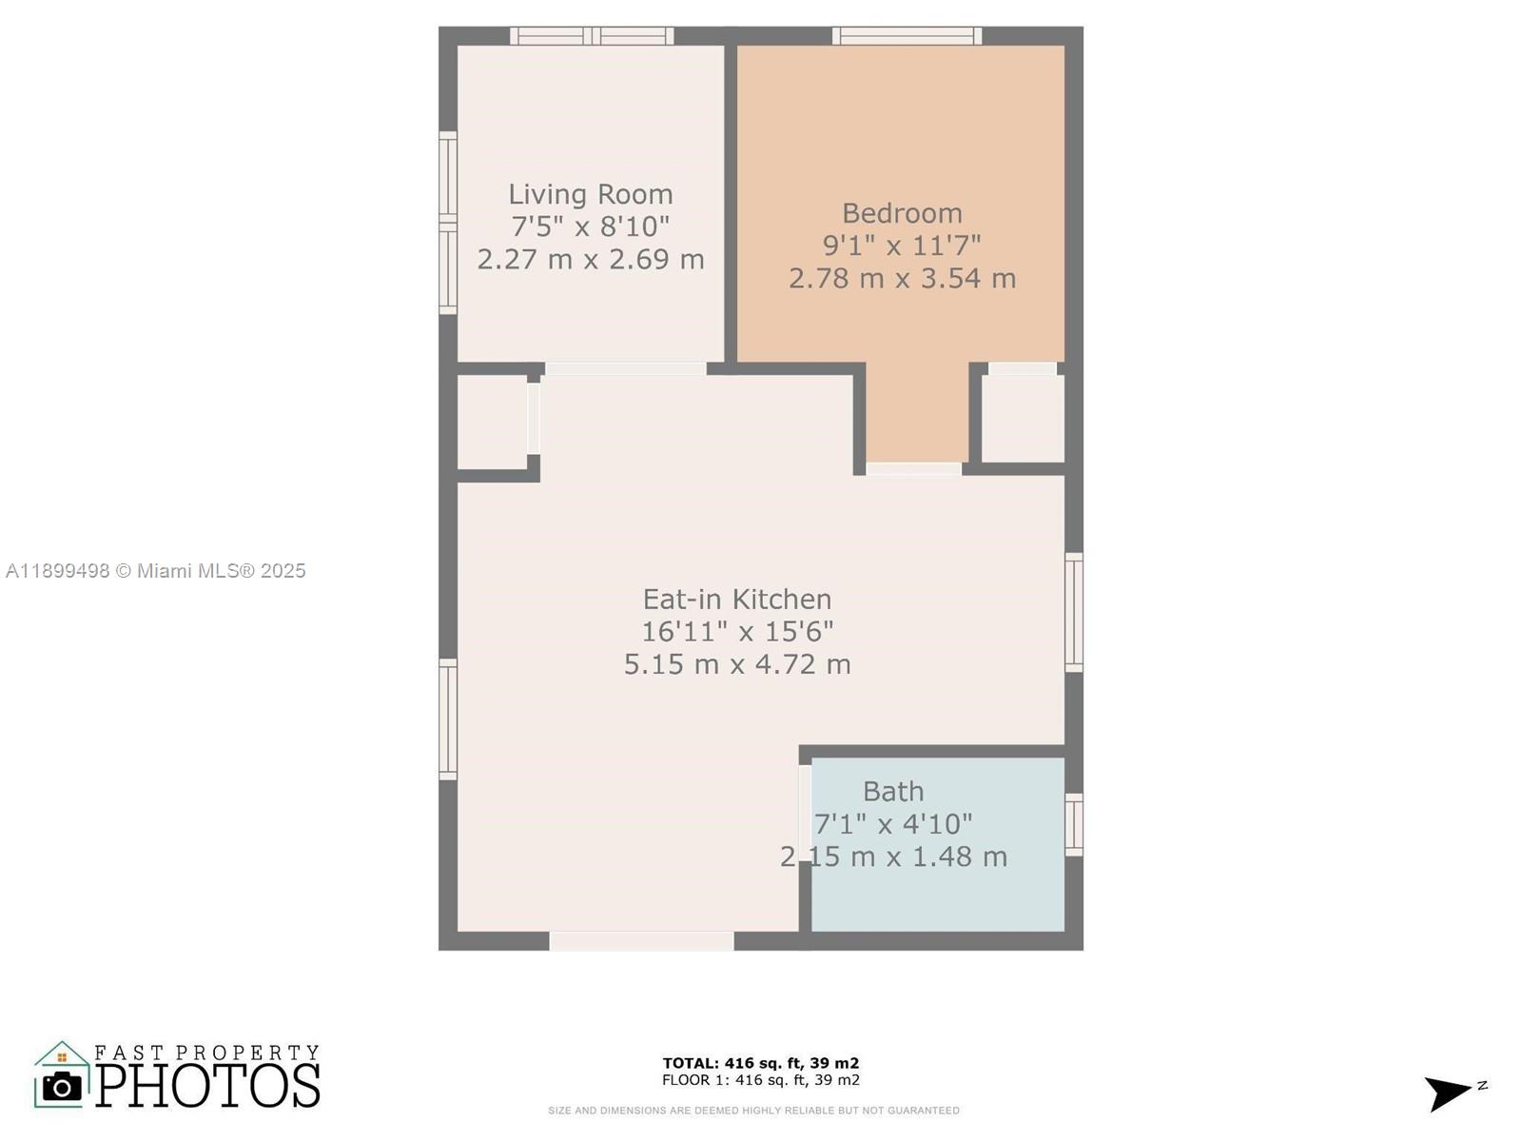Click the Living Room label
590,194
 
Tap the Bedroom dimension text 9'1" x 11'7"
901,246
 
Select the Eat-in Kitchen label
737,600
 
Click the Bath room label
892,792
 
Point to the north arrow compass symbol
1451,1092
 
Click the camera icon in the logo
63,1086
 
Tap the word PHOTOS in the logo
207,1086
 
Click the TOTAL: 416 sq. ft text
760,1063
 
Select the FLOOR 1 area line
760,1080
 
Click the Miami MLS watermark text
155,571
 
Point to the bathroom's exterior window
1074,824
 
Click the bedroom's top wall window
907,36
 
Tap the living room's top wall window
592,36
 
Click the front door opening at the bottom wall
641,941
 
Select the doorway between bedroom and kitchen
913,468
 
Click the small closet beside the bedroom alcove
1023,419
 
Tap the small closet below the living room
492,422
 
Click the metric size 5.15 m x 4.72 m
737,664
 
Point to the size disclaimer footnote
753,1111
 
